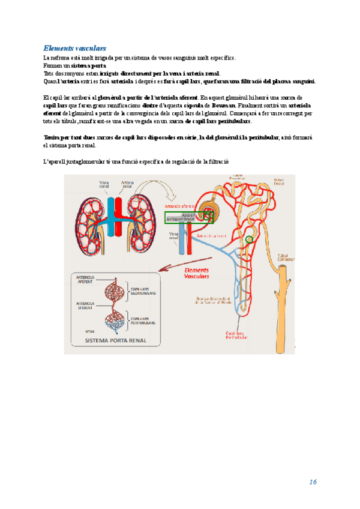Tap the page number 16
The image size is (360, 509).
[x=313, y=482]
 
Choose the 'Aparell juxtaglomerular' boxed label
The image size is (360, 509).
[x=181, y=217]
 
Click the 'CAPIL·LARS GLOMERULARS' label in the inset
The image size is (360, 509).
[x=143, y=291]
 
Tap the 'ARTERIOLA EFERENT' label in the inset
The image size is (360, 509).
[x=86, y=306]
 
